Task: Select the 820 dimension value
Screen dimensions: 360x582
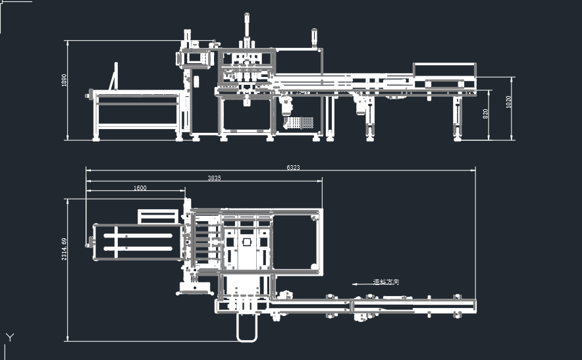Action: click(486, 113)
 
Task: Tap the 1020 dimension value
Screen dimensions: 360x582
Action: click(508, 102)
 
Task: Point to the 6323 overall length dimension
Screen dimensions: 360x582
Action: click(293, 168)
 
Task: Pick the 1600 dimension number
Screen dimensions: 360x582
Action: click(140, 188)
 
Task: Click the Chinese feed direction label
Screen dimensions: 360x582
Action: click(386, 282)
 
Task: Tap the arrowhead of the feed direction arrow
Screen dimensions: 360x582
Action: click(354, 284)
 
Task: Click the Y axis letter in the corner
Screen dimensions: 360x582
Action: click(9, 338)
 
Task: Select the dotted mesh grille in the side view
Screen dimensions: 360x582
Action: click(298, 123)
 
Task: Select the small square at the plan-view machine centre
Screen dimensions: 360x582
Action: click(247, 242)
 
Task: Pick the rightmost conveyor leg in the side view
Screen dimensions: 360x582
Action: click(457, 118)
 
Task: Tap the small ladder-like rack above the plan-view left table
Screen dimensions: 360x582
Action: click(158, 217)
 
